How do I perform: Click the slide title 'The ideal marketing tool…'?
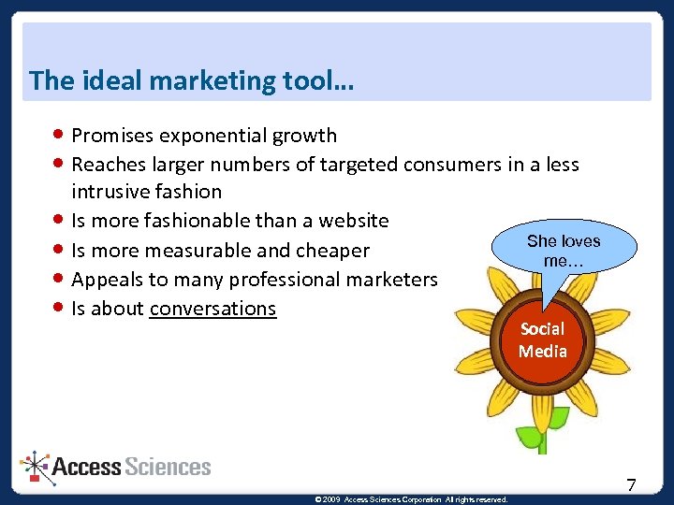tap(191, 80)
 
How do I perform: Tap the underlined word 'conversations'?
tap(212, 309)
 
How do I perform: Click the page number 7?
tap(631, 484)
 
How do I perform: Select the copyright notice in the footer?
tap(412, 499)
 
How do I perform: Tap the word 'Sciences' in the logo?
tap(168, 467)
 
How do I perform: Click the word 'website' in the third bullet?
tap(353, 221)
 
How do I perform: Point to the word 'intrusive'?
tap(110, 192)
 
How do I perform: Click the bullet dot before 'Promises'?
tap(60, 136)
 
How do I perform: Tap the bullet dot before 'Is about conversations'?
tap(60, 309)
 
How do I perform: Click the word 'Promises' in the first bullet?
tap(112, 136)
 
